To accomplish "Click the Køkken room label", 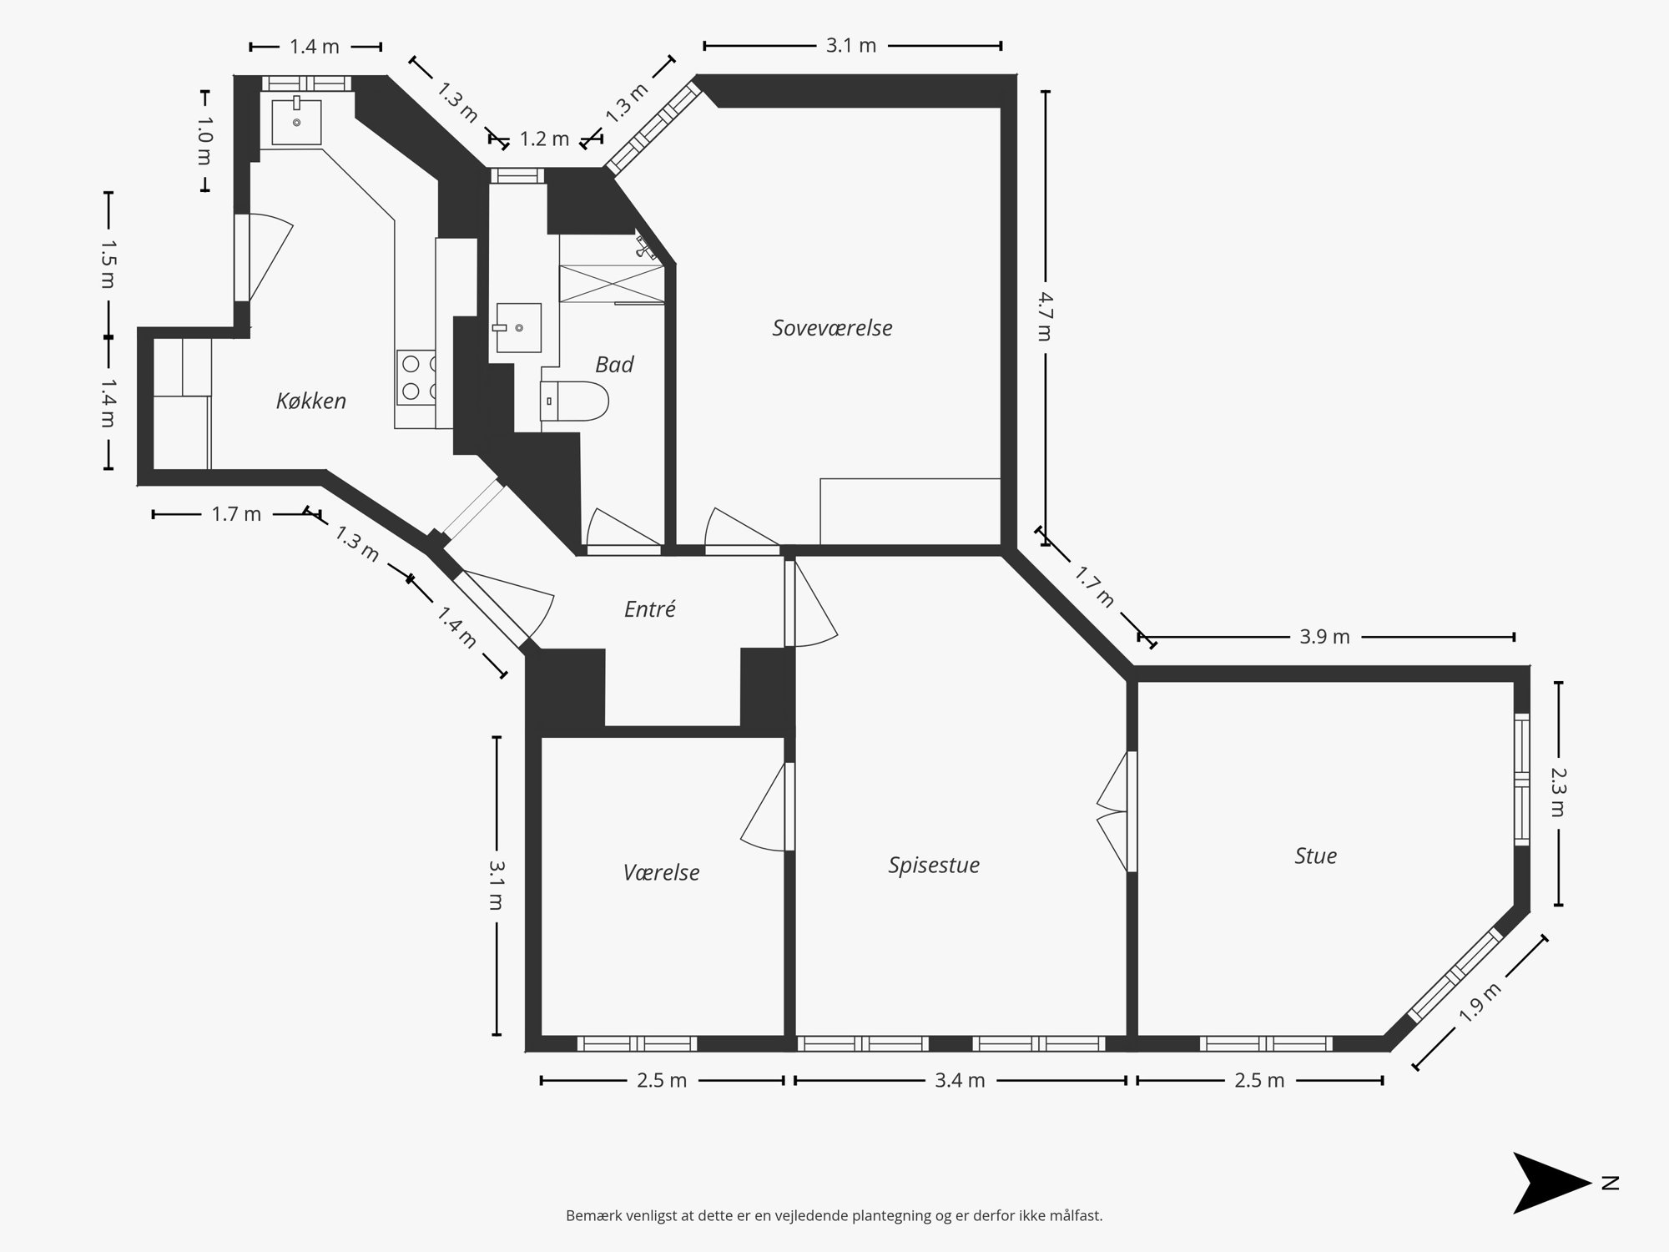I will tap(310, 401).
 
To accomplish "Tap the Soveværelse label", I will tap(832, 328).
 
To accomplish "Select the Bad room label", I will tap(614, 365).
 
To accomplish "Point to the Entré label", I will tap(649, 609).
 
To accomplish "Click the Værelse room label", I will tap(661, 873).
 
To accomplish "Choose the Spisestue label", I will tap(933, 866).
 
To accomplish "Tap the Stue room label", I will tap(1315, 856).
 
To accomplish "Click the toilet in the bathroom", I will tap(576, 402).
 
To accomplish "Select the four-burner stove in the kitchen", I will tap(416, 377).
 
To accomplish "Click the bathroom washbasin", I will tap(517, 328).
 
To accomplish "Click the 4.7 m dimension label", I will tap(1043, 316).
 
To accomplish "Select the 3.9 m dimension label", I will tap(1324, 637).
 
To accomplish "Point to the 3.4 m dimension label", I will tap(960, 1081).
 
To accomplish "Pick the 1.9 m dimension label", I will tap(1480, 1002).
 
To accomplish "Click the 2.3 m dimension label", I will tap(1557, 793).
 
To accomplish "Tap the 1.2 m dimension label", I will tap(544, 139).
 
